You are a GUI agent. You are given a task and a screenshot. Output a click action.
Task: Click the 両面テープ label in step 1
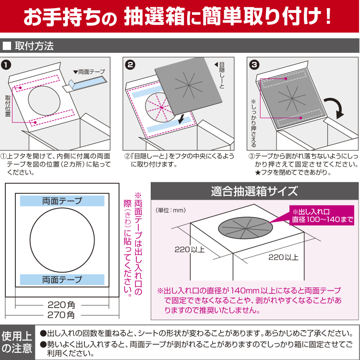91,72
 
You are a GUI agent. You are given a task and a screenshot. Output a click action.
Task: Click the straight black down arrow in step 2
181,118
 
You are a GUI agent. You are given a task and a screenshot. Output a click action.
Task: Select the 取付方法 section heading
34,47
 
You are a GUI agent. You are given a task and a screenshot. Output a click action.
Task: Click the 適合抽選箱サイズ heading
254,191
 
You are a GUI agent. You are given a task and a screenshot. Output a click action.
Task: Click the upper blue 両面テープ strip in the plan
62,201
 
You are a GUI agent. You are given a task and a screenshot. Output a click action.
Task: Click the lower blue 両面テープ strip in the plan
62,279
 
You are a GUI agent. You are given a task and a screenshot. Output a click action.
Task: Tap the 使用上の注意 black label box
17,341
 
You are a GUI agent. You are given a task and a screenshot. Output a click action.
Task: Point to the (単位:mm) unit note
170,210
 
